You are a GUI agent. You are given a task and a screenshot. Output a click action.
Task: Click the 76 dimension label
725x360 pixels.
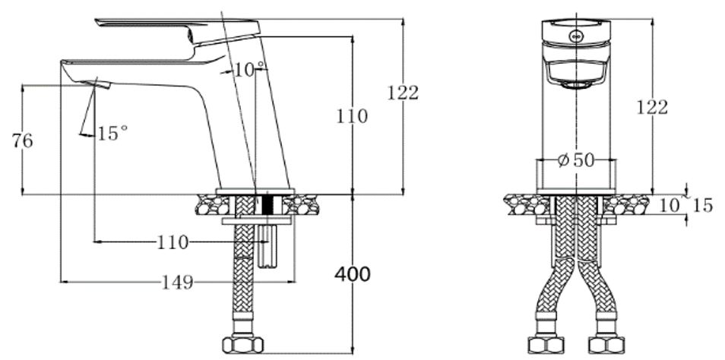pos(22,141)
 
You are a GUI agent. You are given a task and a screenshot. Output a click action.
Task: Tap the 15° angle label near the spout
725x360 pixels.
pos(112,134)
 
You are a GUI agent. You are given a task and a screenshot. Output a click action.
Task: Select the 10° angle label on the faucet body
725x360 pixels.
pos(249,70)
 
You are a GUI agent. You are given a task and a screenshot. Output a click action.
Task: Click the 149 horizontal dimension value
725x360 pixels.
pos(176,283)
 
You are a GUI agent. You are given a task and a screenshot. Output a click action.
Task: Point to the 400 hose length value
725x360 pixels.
pos(353,274)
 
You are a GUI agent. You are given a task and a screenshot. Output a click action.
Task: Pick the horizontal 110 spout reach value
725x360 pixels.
pos(173,243)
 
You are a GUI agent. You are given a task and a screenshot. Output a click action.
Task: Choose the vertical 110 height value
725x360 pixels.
pos(353,117)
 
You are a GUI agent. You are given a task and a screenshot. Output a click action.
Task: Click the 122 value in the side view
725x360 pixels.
pos(403,93)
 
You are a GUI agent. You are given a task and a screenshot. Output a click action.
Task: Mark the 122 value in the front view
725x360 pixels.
pos(652,108)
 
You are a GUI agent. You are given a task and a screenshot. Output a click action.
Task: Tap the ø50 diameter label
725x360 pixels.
pos(575,160)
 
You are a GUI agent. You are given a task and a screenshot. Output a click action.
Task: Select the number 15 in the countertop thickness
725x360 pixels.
pos(703,206)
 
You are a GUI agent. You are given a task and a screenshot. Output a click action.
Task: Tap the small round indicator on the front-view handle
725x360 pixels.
pos(576,33)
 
